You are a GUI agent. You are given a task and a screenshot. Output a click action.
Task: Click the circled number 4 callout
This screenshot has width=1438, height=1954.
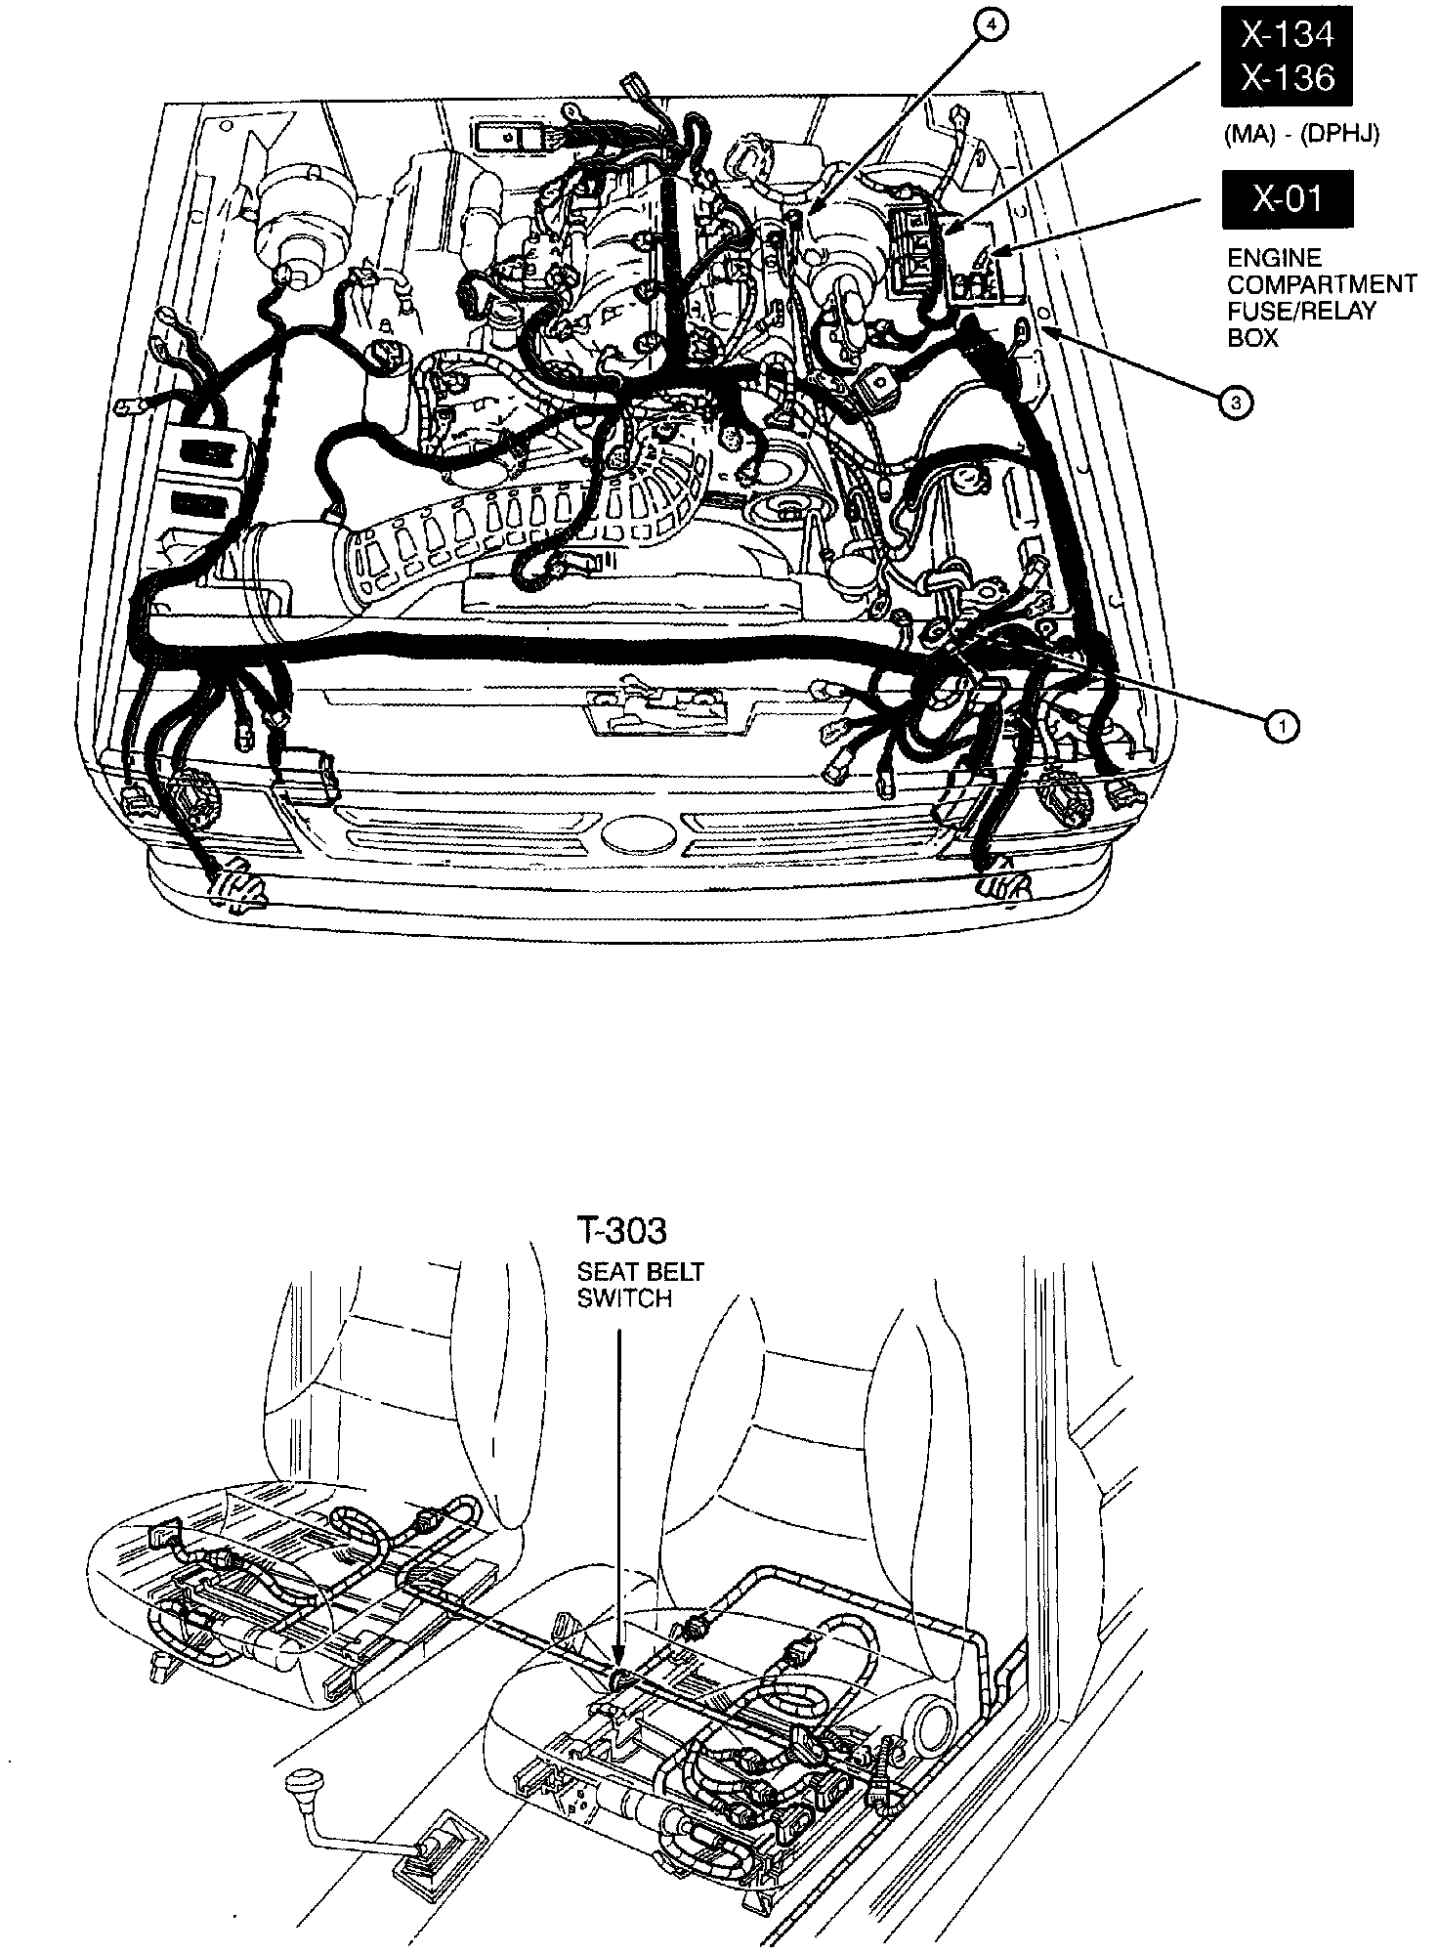tap(990, 28)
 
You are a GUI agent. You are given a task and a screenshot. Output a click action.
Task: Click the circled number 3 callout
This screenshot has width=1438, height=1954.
tap(1236, 402)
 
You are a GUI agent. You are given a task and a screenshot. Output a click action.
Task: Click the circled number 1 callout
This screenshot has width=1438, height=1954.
tap(1281, 724)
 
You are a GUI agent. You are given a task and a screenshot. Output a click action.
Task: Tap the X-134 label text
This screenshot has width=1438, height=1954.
tap(1287, 35)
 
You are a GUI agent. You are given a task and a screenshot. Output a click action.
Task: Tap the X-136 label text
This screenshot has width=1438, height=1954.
tap(1287, 77)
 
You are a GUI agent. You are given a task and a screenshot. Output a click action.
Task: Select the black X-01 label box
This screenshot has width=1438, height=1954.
tap(1287, 199)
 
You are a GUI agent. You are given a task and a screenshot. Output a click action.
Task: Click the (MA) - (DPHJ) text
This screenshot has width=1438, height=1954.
tap(1301, 136)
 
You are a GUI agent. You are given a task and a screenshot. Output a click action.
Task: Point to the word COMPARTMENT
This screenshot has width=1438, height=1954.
tap(1321, 284)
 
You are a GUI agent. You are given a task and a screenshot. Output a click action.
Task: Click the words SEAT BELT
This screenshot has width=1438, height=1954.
tap(640, 1273)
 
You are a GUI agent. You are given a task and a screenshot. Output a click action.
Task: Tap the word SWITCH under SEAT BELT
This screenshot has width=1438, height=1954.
tap(623, 1298)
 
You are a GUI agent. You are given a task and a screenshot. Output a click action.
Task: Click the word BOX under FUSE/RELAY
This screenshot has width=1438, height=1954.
tap(1252, 338)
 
